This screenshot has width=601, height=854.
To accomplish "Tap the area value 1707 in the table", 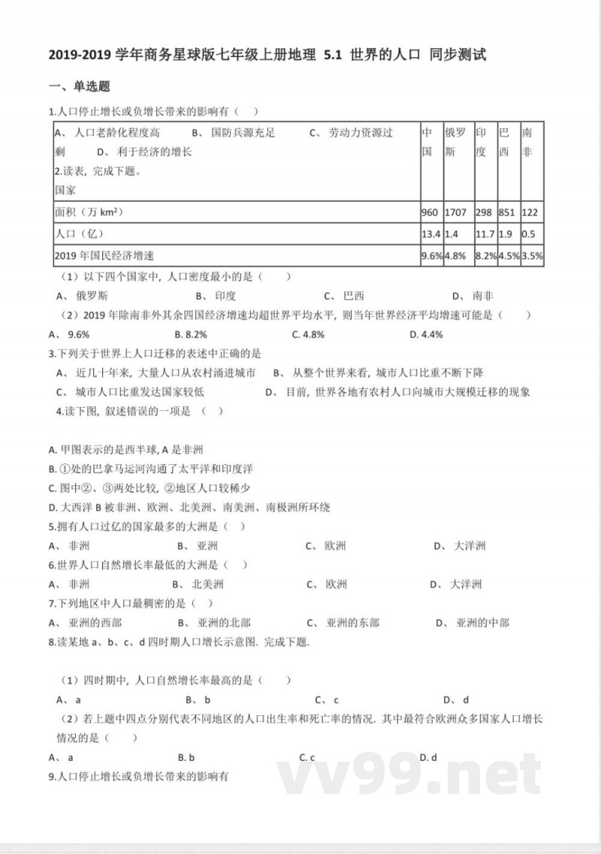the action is pyautogui.click(x=455, y=213).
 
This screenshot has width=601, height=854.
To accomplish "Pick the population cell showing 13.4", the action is pyautogui.click(x=430, y=234).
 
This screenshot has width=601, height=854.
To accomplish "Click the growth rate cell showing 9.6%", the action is pyautogui.click(x=431, y=255).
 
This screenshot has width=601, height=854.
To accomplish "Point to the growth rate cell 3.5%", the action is pyautogui.click(x=533, y=255).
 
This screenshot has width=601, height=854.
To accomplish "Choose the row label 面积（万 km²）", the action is pyautogui.click(x=89, y=213).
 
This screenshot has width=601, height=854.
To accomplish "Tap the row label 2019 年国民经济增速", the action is pyautogui.click(x=110, y=255).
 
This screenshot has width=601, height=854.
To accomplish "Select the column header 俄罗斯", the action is pyautogui.click(x=455, y=142).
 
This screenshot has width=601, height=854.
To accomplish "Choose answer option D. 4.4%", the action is pyautogui.click(x=426, y=334).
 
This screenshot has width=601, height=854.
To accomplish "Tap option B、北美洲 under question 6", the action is pyautogui.click(x=198, y=584).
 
